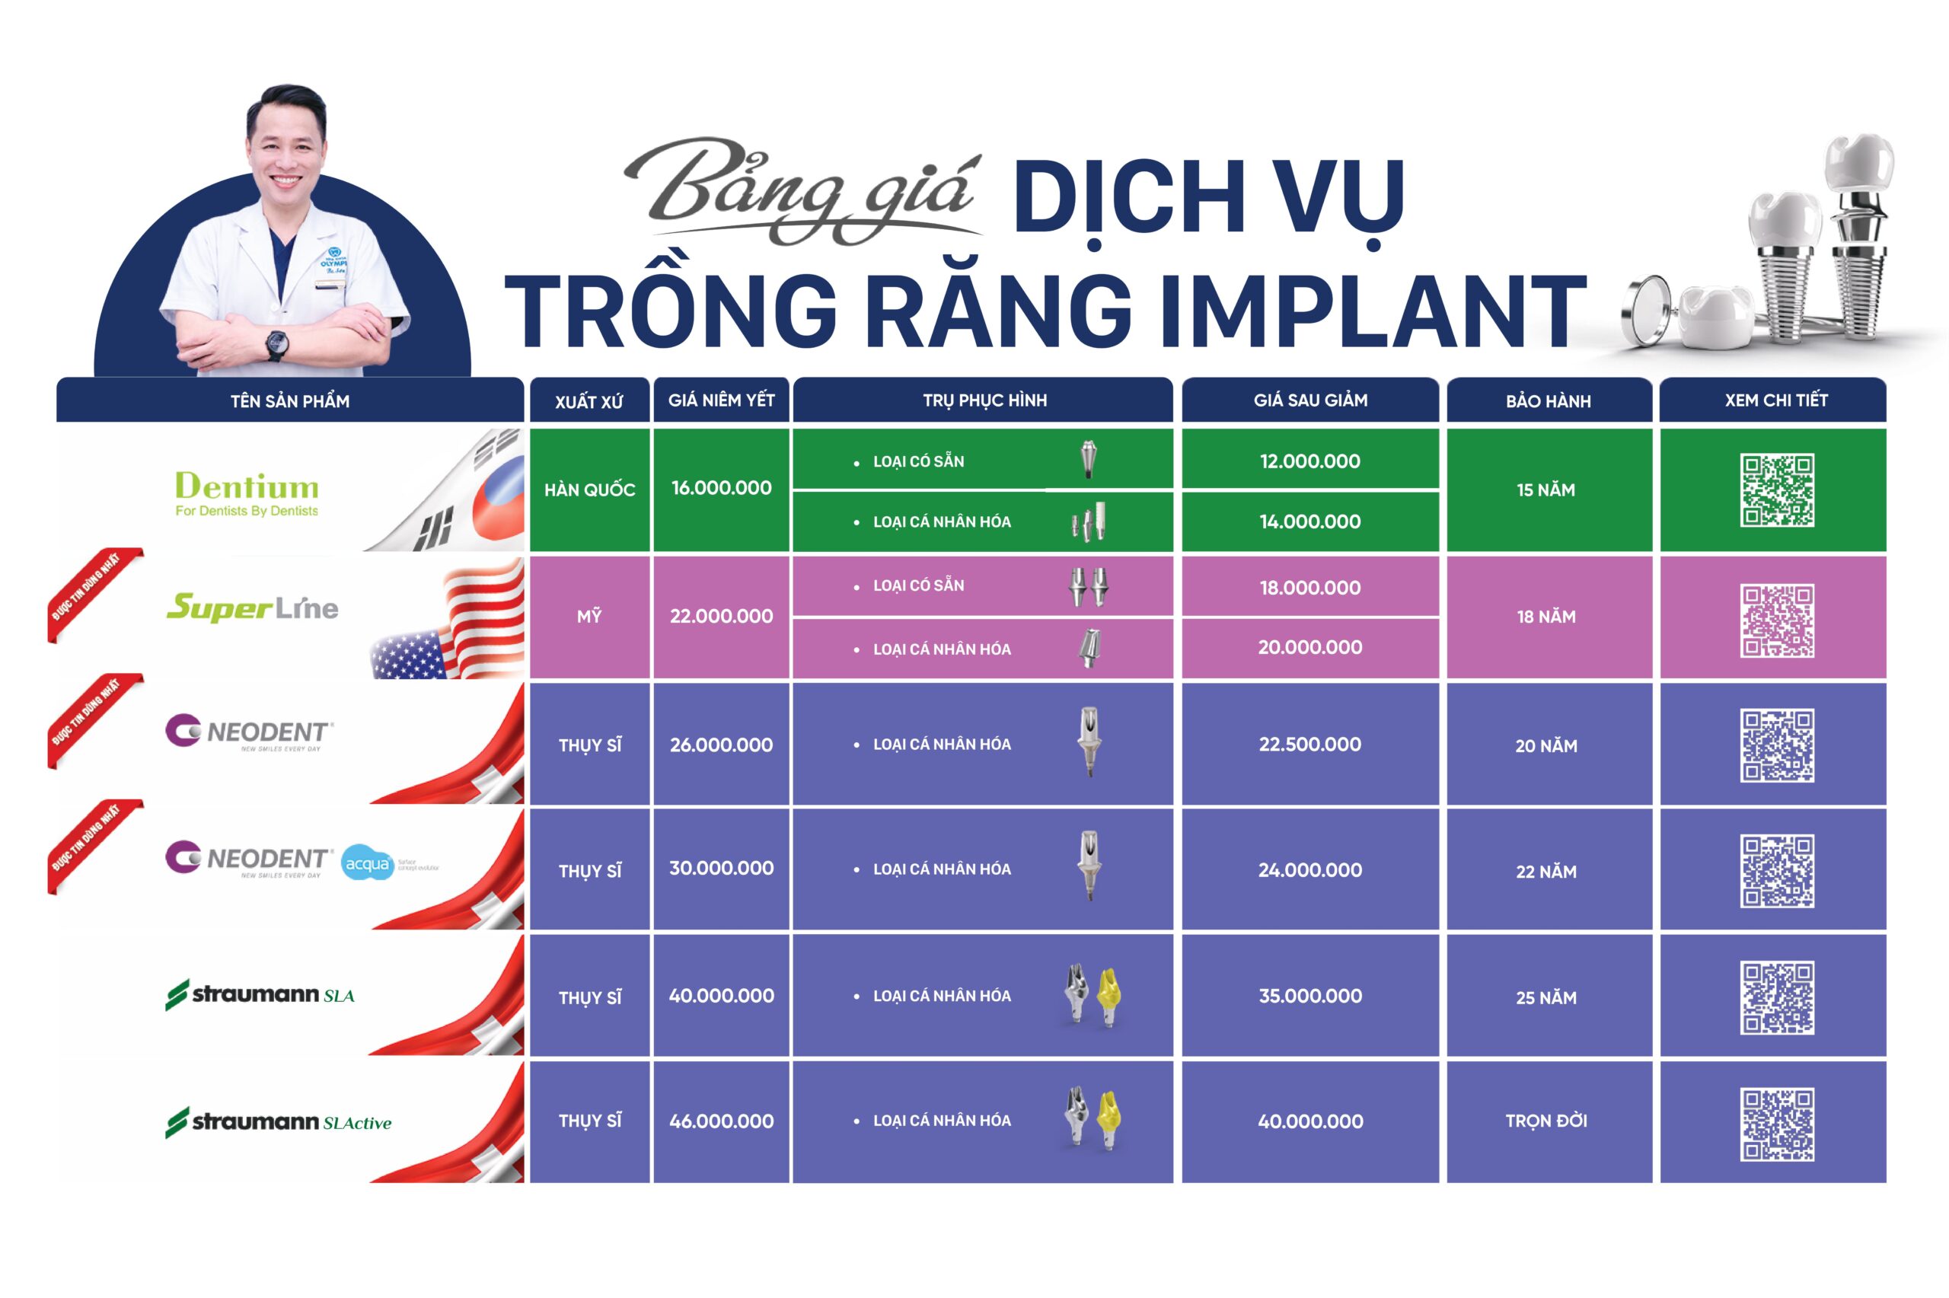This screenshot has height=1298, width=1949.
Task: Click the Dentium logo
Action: (x=246, y=492)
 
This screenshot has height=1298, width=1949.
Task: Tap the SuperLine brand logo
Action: (x=253, y=608)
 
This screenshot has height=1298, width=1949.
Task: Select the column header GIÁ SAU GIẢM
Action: (x=1309, y=400)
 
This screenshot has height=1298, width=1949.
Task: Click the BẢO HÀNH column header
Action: (x=1548, y=401)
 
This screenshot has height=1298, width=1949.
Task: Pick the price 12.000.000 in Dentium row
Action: (x=1309, y=461)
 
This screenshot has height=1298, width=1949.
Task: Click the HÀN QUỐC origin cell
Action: (x=589, y=490)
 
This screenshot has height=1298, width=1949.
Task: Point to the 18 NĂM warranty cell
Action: (x=1546, y=617)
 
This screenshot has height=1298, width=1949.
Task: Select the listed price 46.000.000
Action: (x=721, y=1121)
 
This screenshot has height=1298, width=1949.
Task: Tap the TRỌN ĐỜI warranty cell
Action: (x=1546, y=1121)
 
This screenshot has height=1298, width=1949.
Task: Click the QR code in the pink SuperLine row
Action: (x=1776, y=621)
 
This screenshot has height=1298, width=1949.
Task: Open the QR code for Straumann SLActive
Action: (x=1776, y=1124)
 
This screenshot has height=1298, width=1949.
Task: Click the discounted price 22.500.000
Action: (x=1309, y=745)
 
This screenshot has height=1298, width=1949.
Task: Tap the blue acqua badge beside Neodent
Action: (x=368, y=863)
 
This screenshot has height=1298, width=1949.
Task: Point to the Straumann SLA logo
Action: (x=260, y=994)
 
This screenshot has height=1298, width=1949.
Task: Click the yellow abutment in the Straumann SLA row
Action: (x=1107, y=997)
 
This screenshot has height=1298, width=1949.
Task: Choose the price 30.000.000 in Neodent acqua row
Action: (x=721, y=869)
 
